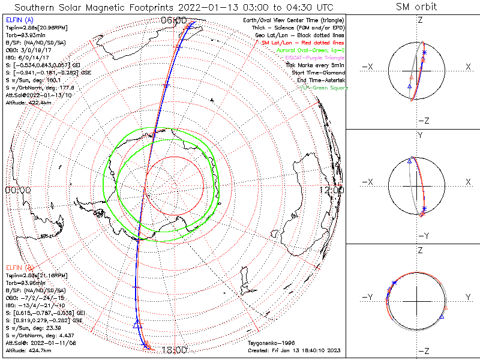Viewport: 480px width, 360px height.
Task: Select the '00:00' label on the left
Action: (x=17, y=190)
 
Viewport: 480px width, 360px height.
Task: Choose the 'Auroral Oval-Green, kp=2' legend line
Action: (x=310, y=50)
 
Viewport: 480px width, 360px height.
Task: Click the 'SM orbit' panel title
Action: (x=416, y=7)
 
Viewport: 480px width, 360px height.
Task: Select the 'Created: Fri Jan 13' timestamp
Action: (x=294, y=350)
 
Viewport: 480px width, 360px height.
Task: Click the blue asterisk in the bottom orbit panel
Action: (x=394, y=283)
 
